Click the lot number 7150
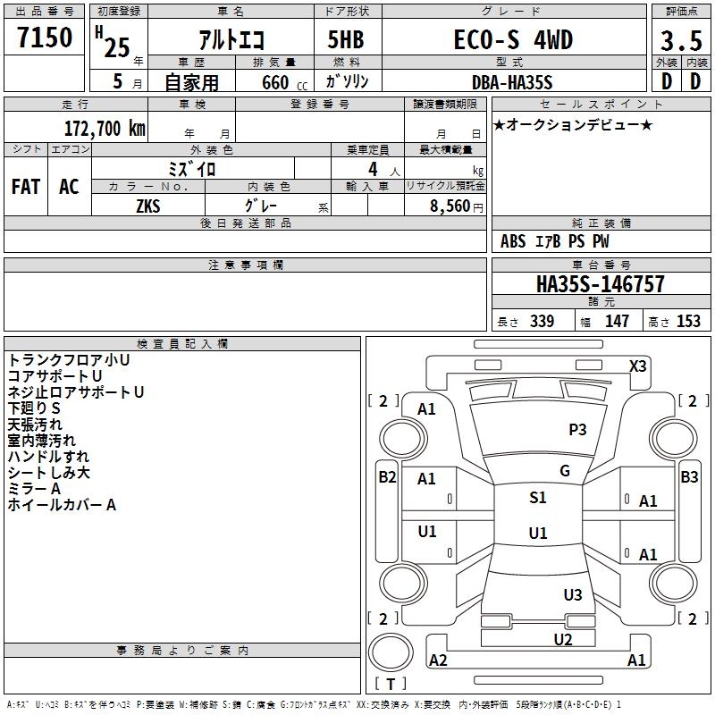pyautogui.click(x=45, y=38)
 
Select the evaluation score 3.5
pyautogui.click(x=680, y=42)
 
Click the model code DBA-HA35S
pyautogui.click(x=512, y=82)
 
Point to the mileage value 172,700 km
pyautogui.click(x=105, y=129)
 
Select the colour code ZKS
pyautogui.click(x=148, y=206)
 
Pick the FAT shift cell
pyautogui.click(x=26, y=187)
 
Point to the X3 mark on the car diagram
pyautogui.click(x=637, y=366)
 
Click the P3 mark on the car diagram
pyautogui.click(x=577, y=430)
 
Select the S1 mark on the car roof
pyautogui.click(x=537, y=498)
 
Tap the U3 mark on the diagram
pyautogui.click(x=572, y=594)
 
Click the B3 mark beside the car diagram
pyautogui.click(x=689, y=477)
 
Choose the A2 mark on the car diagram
pyautogui.click(x=438, y=660)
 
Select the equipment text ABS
pyautogui.click(x=513, y=241)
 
